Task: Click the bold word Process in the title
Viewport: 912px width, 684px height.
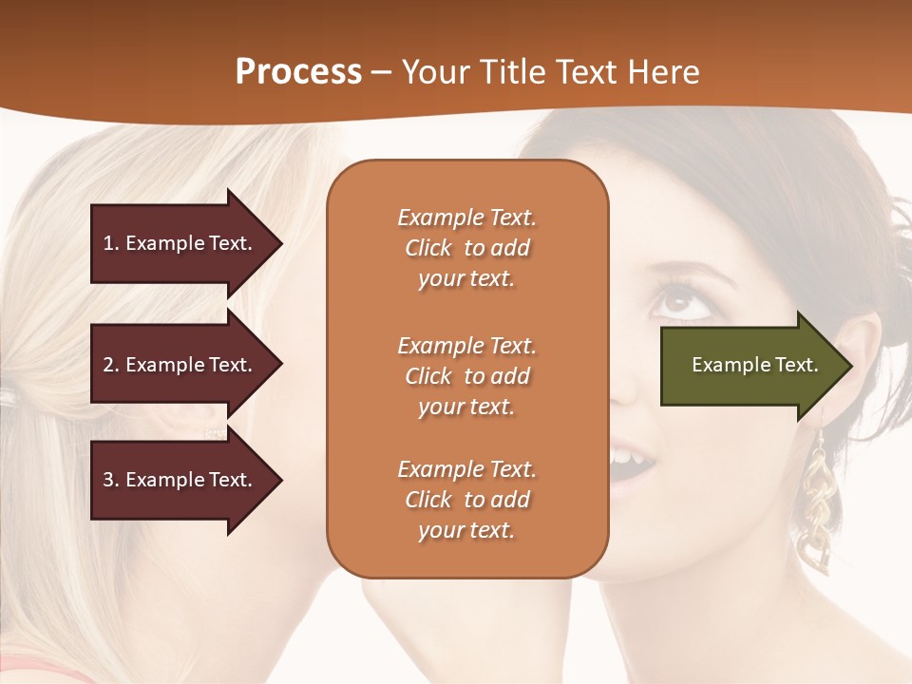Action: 298,71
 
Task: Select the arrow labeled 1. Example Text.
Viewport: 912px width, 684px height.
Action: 180,243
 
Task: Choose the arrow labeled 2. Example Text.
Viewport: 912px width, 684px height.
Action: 180,365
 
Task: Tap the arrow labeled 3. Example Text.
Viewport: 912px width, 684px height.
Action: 180,480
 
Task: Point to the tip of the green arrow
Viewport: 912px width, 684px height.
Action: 850,365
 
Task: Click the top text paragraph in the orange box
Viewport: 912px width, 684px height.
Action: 466,248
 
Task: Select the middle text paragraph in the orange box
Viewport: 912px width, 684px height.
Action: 466,376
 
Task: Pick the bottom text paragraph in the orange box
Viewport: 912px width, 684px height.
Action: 466,500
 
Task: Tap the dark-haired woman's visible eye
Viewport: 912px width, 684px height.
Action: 677,303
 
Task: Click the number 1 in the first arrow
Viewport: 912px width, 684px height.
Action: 107,243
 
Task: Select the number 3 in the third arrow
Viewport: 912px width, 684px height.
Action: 108,480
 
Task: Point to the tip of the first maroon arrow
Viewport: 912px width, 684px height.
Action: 280,243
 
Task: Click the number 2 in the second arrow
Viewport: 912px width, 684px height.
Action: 108,365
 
